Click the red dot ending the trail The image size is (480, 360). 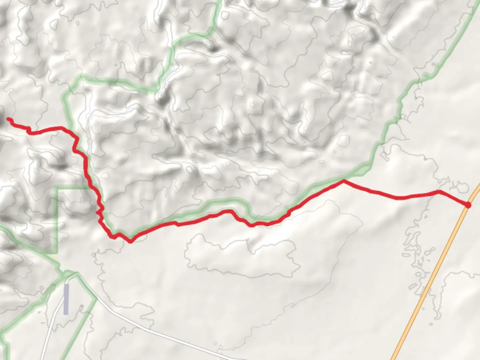pos(468,205)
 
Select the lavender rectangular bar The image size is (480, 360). pos(66,299)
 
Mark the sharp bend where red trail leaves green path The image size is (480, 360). pos(343,181)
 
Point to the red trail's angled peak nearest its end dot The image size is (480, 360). pos(439,191)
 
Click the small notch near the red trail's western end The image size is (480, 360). pos(29,130)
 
